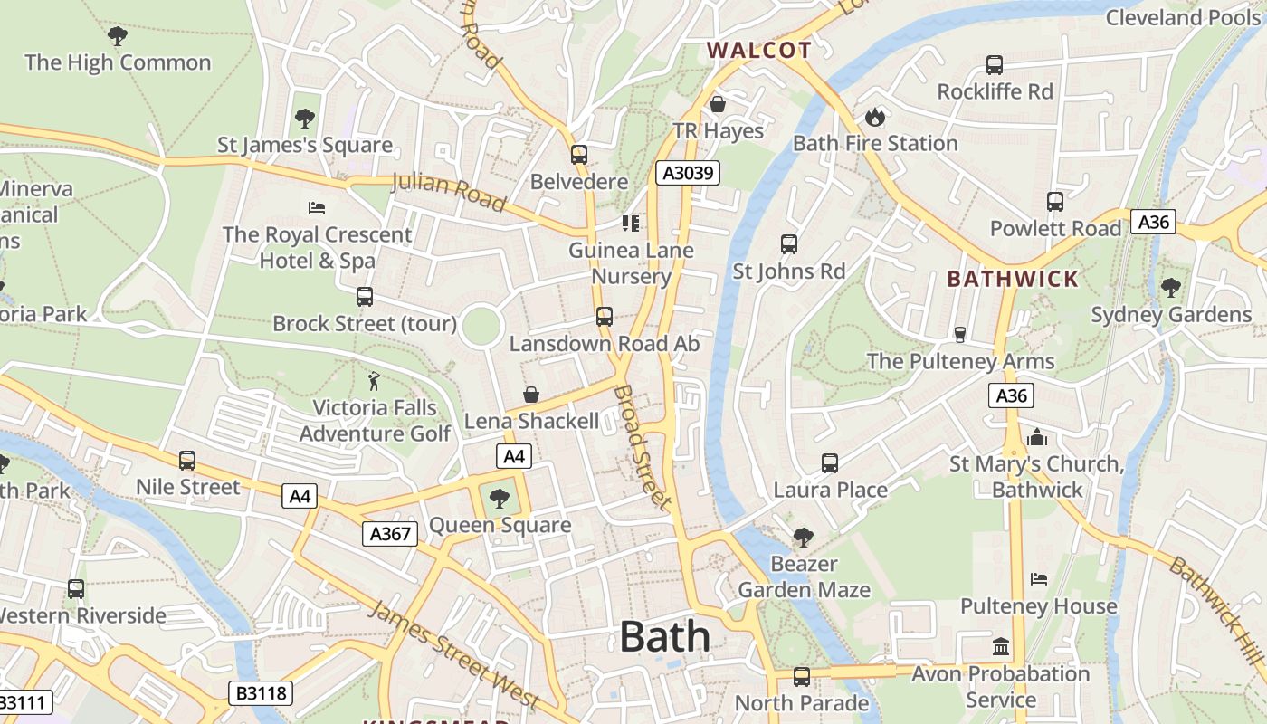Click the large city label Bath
pyautogui.click(x=664, y=637)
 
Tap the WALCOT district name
pyautogui.click(x=758, y=50)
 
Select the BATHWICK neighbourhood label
pyautogui.click(x=1013, y=279)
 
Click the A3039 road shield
pyautogui.click(x=687, y=173)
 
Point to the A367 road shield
pyautogui.click(x=391, y=533)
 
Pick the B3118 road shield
pyautogui.click(x=261, y=693)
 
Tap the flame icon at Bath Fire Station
pyautogui.click(x=874, y=117)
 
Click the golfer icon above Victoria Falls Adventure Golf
pyautogui.click(x=374, y=381)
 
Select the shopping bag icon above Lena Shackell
pyautogui.click(x=531, y=395)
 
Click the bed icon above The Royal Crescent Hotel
pyautogui.click(x=317, y=208)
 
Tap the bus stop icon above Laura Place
pyautogui.click(x=829, y=463)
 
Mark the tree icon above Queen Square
pyautogui.click(x=499, y=498)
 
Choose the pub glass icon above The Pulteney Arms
pyautogui.click(x=960, y=335)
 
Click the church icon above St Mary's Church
pyautogui.click(x=1037, y=437)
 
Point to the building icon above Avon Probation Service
pyautogui.click(x=1001, y=647)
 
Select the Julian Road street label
pyautogui.click(x=448, y=192)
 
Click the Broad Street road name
pyautogui.click(x=643, y=447)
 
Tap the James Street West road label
pyautogui.click(x=454, y=654)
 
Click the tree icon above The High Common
pyautogui.click(x=117, y=36)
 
